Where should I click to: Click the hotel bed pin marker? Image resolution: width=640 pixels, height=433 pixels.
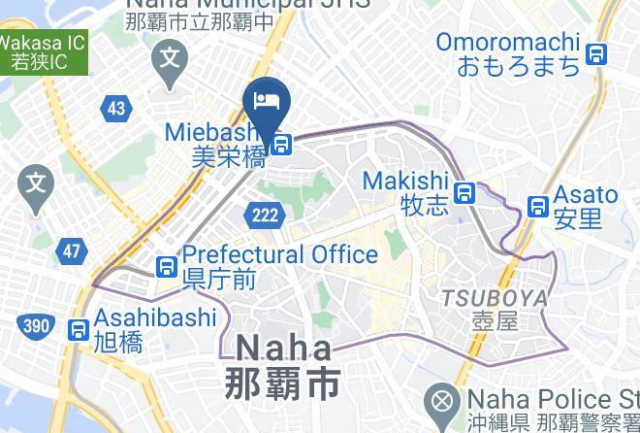tap(268, 100)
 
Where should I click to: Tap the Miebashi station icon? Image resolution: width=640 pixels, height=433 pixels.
tap(281, 146)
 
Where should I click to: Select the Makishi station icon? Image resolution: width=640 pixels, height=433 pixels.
tap(466, 192)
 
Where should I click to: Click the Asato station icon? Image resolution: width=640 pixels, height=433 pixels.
tap(538, 207)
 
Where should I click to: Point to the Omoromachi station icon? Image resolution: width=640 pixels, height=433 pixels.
tap(597, 54)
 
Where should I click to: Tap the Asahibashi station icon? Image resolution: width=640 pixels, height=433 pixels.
tap(79, 330)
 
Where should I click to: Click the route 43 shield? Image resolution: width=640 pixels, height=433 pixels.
tap(117, 108)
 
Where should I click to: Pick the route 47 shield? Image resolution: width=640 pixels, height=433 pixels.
tap(71, 251)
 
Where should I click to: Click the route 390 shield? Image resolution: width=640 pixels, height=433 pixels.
tap(35, 326)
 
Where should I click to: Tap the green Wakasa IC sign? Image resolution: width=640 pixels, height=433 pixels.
tap(41, 52)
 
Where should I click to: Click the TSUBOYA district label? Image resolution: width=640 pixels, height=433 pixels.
tap(496, 298)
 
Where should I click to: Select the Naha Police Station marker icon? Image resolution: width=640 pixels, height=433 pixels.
tap(442, 400)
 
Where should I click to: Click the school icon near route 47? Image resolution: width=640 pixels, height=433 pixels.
tap(37, 182)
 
